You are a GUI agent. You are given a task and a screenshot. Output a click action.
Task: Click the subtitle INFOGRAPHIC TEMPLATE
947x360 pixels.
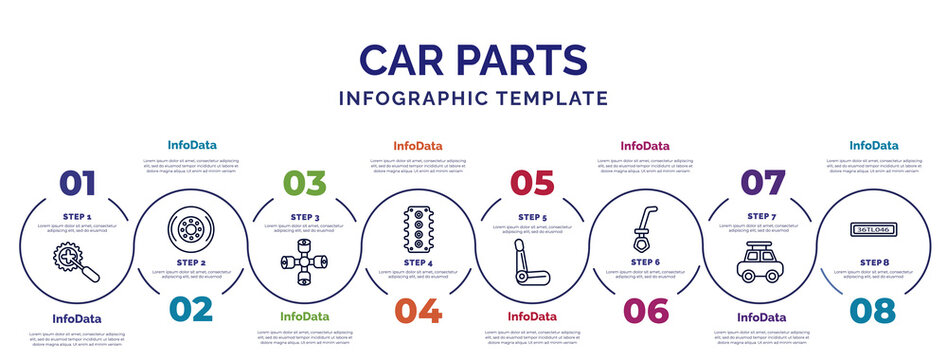[473, 98]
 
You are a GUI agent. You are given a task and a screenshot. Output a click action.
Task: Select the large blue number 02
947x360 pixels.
[190, 310]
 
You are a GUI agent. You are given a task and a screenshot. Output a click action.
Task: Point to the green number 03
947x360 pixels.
[304, 183]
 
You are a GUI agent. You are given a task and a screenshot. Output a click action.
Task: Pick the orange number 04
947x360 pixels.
[418, 310]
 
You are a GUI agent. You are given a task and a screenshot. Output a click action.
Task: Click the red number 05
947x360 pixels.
[532, 183]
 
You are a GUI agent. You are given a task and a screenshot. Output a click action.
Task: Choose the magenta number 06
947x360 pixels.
[645, 310]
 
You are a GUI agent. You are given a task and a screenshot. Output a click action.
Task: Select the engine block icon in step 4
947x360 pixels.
[418, 229]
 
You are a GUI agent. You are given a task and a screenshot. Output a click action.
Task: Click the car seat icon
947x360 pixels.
[531, 263]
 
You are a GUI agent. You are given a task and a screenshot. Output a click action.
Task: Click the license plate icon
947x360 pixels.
[873, 229]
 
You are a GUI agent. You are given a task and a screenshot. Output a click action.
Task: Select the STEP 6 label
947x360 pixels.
[645, 262]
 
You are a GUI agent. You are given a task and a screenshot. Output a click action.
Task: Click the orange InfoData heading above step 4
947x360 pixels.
[417, 146]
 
